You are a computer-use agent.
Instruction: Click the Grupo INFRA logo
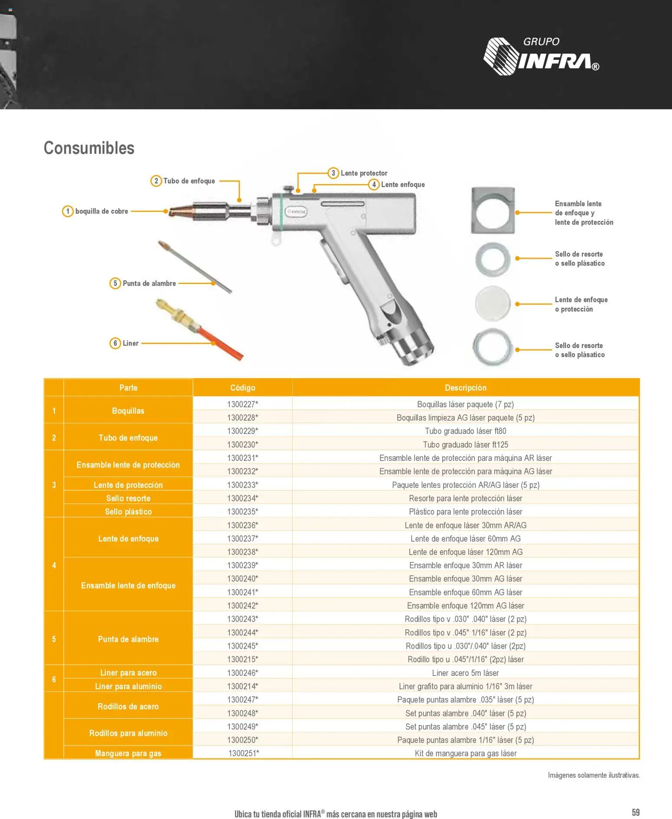(x=541, y=56)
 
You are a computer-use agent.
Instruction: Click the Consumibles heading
(x=89, y=148)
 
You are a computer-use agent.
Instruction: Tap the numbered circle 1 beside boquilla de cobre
(x=68, y=211)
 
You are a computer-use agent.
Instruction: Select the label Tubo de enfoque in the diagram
(x=189, y=181)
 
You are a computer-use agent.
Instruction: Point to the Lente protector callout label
(x=364, y=173)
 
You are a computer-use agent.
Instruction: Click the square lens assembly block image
(x=493, y=211)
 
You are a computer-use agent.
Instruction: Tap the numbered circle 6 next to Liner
(x=115, y=343)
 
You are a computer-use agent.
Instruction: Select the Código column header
(x=243, y=388)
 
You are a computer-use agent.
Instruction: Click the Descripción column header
(x=466, y=388)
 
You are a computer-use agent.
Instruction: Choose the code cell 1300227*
(x=243, y=404)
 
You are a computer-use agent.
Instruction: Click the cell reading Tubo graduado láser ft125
(x=466, y=445)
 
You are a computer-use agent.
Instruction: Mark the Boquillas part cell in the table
(x=128, y=411)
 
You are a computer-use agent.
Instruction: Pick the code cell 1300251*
(x=244, y=753)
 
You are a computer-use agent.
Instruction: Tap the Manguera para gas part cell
(x=128, y=753)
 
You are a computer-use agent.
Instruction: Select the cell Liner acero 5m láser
(x=466, y=673)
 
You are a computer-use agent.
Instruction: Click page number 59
(x=636, y=812)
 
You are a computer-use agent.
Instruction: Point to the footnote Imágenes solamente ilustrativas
(x=594, y=775)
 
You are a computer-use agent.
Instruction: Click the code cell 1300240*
(x=243, y=578)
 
